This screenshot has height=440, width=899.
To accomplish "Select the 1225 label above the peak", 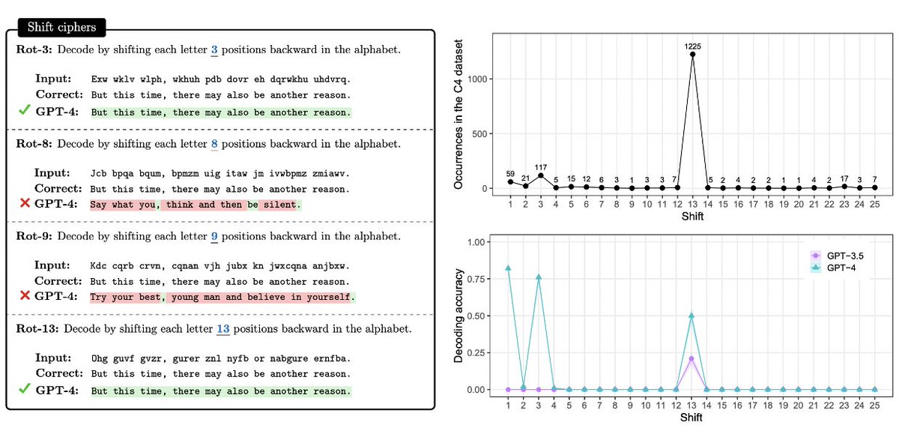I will (x=692, y=46).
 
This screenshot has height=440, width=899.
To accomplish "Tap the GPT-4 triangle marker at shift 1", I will (x=509, y=268).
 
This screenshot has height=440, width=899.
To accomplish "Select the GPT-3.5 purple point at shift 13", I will (x=691, y=358).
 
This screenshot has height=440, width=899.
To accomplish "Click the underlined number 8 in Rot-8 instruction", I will (x=216, y=142).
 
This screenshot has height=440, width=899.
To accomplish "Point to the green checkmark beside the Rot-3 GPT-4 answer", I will (x=25, y=111).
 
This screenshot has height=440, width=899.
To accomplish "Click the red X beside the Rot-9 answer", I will (x=25, y=296).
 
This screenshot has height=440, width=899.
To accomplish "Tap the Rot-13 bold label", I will (x=40, y=328).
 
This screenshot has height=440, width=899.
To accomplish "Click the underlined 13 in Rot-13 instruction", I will (x=223, y=328).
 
